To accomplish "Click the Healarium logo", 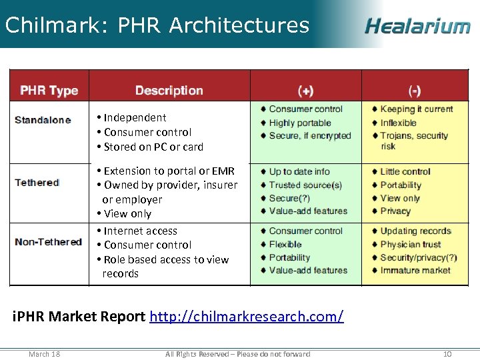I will point(417,26).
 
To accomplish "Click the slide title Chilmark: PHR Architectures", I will point(157,25).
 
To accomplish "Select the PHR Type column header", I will point(49,91).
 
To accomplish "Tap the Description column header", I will point(169,91).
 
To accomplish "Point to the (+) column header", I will point(305,91).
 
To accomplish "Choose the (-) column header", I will point(415,91).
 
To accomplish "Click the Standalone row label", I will point(43,120).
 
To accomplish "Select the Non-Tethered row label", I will point(48,241).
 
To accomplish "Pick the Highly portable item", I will point(299,123).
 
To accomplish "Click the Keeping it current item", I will point(416,109).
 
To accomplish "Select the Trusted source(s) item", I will point(305,185).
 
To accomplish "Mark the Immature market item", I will point(415,270).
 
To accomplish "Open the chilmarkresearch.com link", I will point(247,316).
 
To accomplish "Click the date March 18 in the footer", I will point(44,353).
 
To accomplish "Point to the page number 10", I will point(447,353).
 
